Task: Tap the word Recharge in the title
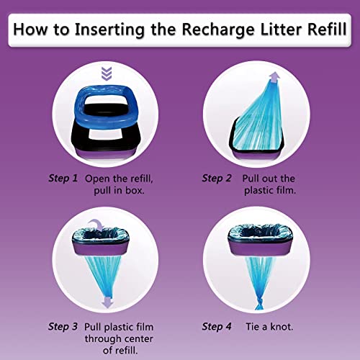[x=230, y=31]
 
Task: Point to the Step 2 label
[x=216, y=177]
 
